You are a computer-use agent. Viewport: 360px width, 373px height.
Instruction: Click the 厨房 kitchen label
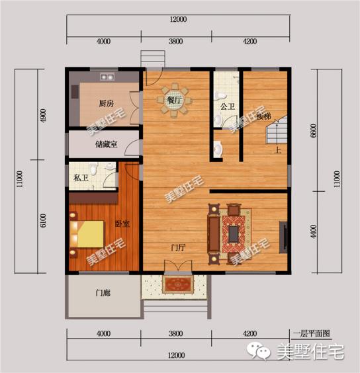(x=106, y=104)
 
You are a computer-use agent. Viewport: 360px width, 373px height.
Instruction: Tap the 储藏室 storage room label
(x=107, y=144)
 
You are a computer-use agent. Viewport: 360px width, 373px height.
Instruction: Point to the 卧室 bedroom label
(x=122, y=224)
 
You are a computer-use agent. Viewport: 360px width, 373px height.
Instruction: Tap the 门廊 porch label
(x=103, y=293)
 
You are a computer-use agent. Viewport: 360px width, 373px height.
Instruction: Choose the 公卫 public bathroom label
(x=227, y=106)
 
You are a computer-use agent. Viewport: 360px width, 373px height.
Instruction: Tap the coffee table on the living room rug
(x=235, y=233)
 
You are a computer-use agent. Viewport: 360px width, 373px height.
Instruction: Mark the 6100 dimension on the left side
(x=44, y=220)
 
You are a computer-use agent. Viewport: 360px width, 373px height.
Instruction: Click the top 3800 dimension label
(x=175, y=40)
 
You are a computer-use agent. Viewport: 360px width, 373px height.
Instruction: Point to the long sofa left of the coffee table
(x=214, y=233)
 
